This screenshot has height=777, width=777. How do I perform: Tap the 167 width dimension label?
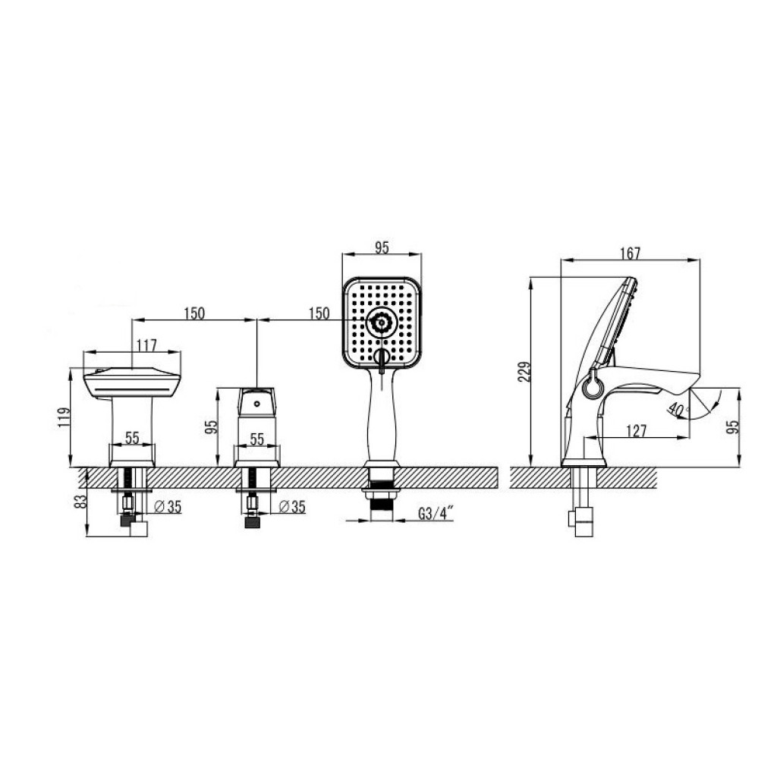coord(630,253)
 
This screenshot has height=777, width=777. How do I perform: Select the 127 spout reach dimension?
coord(637,431)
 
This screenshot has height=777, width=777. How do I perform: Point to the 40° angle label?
coord(678,411)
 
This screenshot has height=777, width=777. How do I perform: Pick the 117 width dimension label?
coord(146,345)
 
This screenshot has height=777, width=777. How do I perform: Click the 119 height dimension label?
coord(64,417)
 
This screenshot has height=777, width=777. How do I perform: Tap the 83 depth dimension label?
coord(80,502)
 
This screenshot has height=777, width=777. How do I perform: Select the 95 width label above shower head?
coord(382,247)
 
